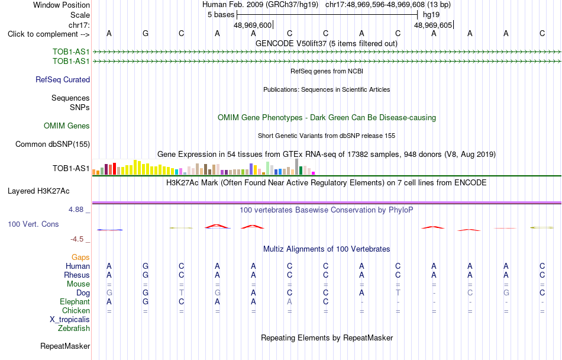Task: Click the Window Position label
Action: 62,5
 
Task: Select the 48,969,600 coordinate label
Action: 253,25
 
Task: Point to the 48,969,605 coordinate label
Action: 433,25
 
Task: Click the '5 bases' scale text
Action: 221,15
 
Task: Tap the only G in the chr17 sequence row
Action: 145,33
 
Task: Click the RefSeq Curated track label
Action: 63,79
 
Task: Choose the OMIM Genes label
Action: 67,126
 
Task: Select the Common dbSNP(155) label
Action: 53,144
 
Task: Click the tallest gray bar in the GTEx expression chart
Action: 296,167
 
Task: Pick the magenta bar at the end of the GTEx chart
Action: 314,173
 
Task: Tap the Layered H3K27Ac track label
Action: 38,191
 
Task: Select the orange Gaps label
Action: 80,257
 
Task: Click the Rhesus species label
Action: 77,275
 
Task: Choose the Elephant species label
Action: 75,301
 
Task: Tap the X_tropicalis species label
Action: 70,320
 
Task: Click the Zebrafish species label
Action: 74,328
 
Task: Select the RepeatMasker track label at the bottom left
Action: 65,346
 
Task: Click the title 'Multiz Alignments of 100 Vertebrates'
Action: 327,249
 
